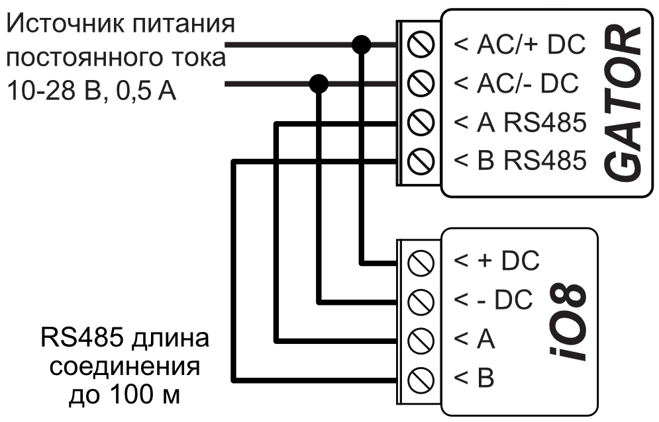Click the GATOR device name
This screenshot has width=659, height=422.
click(x=626, y=103)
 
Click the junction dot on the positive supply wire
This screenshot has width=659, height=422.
click(x=361, y=45)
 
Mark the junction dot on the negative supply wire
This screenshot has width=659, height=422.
click(x=320, y=84)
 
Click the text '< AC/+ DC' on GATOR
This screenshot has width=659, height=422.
click(x=519, y=45)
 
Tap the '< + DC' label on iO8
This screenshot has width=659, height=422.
click(x=497, y=261)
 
